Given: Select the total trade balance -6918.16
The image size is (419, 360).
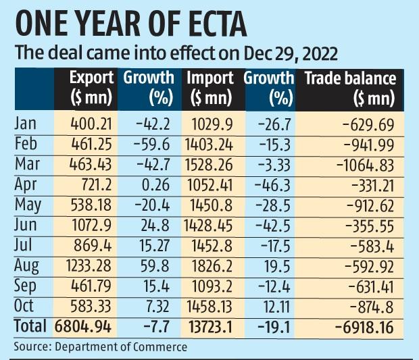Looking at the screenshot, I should [361, 327].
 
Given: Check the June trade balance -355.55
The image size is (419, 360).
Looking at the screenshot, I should [370, 224].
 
